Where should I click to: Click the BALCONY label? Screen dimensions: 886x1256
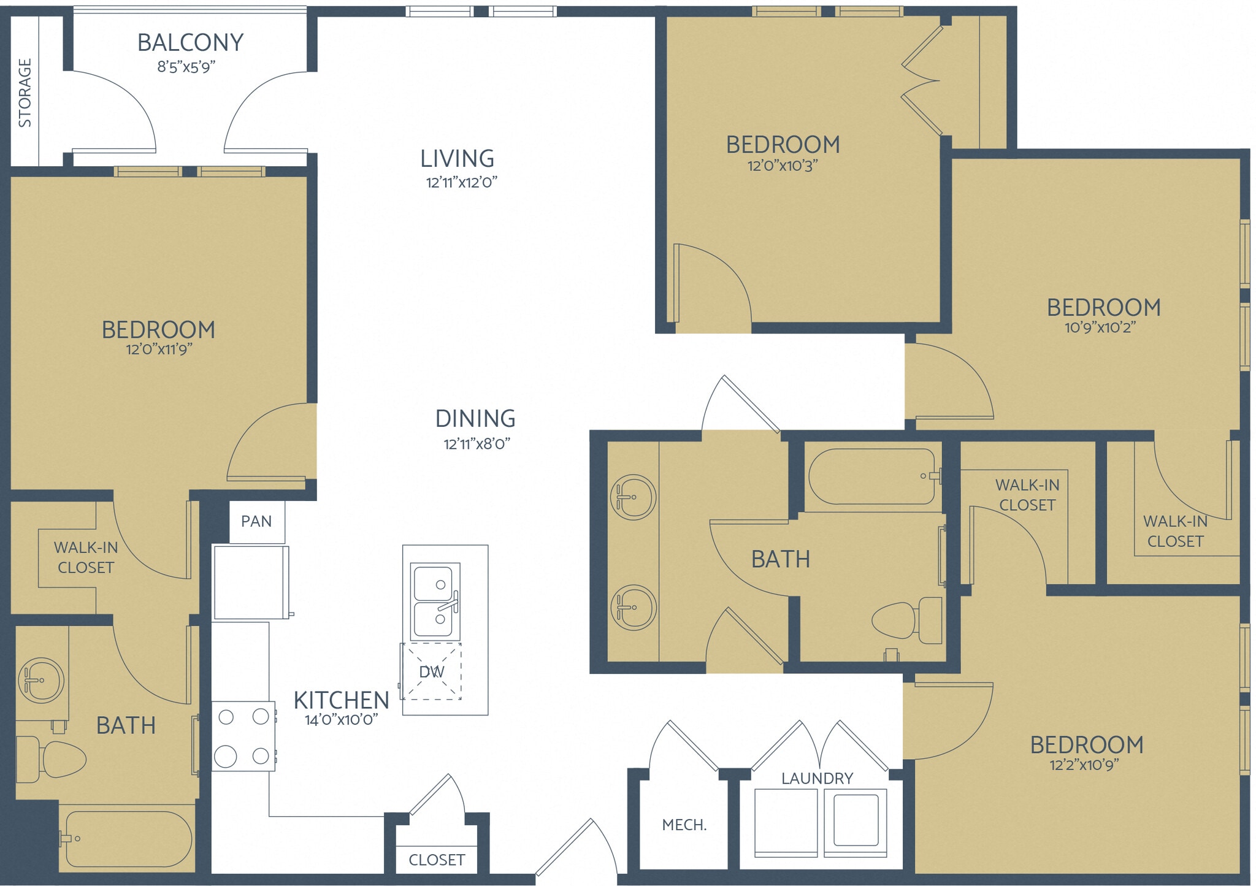[190, 42]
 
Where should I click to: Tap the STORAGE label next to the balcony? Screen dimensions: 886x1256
[25, 93]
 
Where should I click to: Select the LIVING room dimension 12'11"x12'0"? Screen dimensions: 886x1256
[461, 182]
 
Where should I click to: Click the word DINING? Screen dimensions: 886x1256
[475, 419]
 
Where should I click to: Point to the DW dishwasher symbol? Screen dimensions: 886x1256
[431, 672]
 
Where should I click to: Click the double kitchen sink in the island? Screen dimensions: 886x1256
[435, 601]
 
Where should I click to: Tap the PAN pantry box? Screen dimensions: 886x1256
[256, 522]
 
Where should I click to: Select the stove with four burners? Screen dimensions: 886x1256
[243, 736]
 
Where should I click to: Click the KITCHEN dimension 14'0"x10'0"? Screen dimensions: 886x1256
[341, 720]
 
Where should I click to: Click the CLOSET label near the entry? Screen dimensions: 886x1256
[437, 860]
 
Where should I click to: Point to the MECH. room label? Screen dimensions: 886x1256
[684, 825]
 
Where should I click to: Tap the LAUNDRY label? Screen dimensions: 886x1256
[817, 779]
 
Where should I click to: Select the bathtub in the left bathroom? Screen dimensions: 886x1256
[128, 839]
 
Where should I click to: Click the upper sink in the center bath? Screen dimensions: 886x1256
[633, 497]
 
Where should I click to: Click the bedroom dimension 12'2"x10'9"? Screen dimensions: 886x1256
[1084, 765]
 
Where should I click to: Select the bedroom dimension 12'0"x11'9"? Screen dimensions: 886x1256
[159, 349]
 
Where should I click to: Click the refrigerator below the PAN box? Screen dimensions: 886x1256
[250, 582]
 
